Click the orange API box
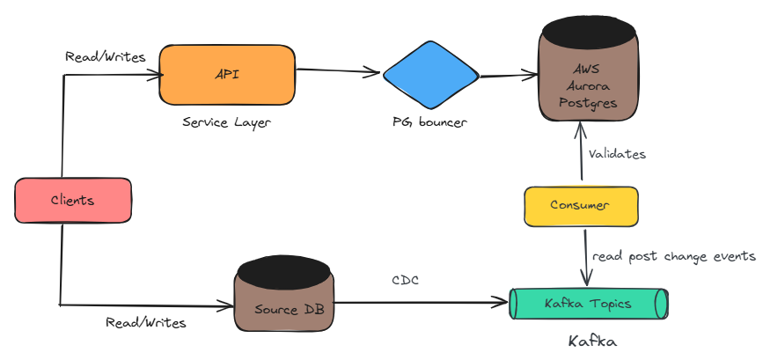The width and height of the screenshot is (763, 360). coord(226,75)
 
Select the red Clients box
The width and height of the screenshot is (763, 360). coord(73,200)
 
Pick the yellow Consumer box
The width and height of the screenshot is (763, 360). coord(580,205)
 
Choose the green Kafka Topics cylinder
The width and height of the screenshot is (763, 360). coord(588,304)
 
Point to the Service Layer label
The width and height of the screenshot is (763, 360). coord(226,122)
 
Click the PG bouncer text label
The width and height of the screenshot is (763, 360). coord(429,121)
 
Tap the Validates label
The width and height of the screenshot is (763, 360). coord(617,154)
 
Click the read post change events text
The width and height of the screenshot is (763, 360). coord(673,256)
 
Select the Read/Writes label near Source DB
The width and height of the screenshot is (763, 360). coord(145,322)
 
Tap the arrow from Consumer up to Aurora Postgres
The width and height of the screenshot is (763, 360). coord(580,154)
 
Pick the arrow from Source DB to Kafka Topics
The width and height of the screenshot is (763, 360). coord(422,305)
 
